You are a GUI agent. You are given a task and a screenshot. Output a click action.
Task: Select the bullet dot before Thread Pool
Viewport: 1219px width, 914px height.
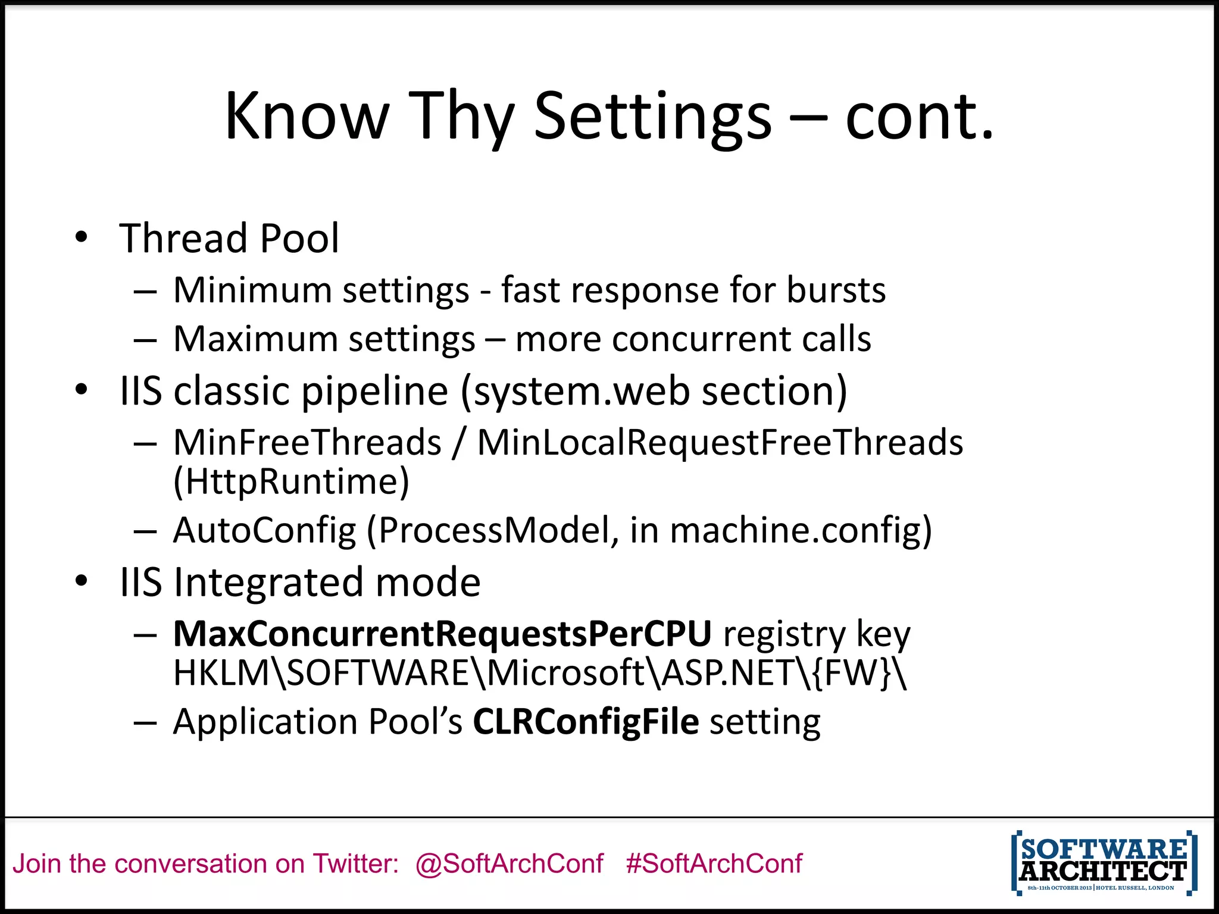coord(82,237)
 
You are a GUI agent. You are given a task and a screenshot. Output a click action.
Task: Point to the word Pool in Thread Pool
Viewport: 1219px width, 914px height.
coord(299,238)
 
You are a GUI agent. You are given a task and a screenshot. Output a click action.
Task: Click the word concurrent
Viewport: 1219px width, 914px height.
coord(701,339)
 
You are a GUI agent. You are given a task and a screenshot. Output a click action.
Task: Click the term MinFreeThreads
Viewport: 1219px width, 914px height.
coord(307,443)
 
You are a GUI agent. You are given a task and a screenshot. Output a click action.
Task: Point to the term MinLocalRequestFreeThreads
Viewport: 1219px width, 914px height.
coord(720,443)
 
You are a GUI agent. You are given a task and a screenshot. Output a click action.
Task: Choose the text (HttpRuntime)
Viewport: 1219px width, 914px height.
coord(291,482)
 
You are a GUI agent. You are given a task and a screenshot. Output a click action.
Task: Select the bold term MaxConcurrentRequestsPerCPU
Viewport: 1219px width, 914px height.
coord(442,634)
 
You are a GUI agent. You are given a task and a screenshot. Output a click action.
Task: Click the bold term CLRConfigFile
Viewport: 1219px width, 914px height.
coord(586,722)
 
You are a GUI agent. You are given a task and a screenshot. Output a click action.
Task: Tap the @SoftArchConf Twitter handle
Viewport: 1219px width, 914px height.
coord(510,864)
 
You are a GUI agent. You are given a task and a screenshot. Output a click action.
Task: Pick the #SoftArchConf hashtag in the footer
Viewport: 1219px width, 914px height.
coord(714,864)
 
